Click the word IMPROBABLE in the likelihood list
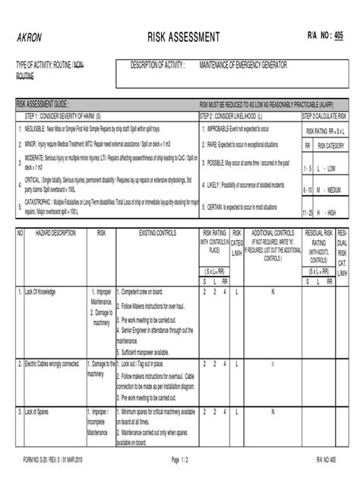[224, 129]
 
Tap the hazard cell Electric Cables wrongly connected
[51, 364]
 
